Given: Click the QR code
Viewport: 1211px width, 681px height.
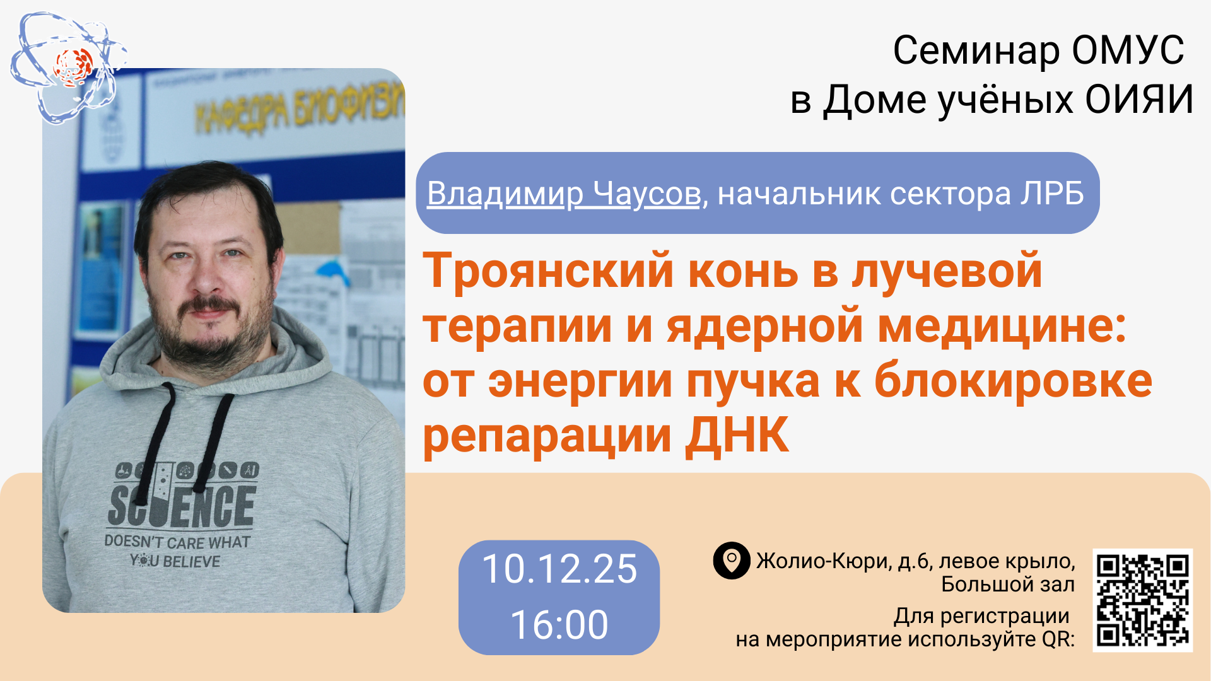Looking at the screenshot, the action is [1142, 600].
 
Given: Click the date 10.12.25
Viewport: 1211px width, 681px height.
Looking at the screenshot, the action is [559, 569].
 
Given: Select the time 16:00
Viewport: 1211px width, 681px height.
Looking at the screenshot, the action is [559, 624].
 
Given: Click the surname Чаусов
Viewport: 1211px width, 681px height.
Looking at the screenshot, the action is [647, 193].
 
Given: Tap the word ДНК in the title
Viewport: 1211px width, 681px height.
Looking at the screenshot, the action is [737, 435].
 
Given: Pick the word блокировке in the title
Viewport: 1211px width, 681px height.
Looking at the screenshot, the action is [1013, 381].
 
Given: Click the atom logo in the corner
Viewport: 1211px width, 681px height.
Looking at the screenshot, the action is [68, 67].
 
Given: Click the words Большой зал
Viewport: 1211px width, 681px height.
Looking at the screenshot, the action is [1007, 585].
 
